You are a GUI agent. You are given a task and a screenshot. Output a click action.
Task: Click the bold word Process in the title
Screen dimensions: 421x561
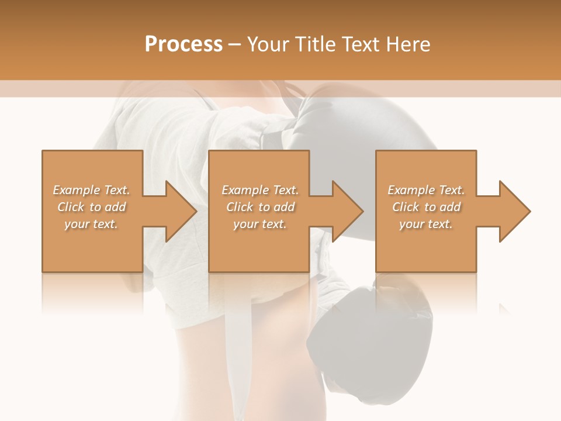pos(183,44)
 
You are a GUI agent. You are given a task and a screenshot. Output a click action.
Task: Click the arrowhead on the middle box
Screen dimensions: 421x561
pos(347,211)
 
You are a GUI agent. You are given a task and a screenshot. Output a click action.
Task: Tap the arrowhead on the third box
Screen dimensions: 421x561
pos(514,211)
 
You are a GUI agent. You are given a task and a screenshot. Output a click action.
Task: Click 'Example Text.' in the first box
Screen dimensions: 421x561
pos(92,190)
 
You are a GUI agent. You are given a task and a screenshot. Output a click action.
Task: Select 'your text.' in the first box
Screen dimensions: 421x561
pos(92,224)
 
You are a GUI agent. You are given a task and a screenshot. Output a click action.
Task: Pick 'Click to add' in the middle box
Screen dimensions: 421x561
pos(260,207)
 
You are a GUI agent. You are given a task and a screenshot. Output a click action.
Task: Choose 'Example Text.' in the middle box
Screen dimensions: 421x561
pos(260,190)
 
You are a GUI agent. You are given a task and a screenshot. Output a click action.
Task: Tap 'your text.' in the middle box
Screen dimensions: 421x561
pos(260,224)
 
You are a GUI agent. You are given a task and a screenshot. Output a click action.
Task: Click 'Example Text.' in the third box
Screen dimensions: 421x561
pos(426,190)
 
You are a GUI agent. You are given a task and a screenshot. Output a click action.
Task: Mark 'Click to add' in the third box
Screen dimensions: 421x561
pos(426,207)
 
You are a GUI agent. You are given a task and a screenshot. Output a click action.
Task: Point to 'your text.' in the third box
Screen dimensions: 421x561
pos(426,224)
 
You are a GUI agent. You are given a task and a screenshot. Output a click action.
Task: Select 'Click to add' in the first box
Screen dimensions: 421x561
pos(92,207)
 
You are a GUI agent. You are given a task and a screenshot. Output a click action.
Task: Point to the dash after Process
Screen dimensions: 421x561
pos(234,45)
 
